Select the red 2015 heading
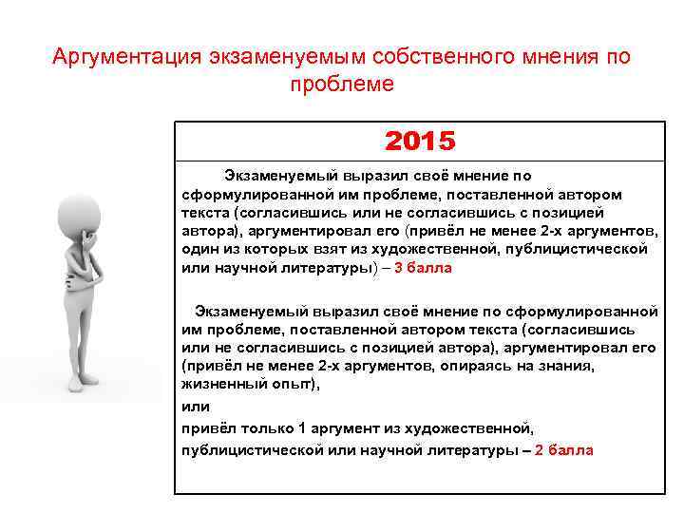[x=420, y=142]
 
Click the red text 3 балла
[x=424, y=268]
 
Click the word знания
[x=567, y=366]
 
